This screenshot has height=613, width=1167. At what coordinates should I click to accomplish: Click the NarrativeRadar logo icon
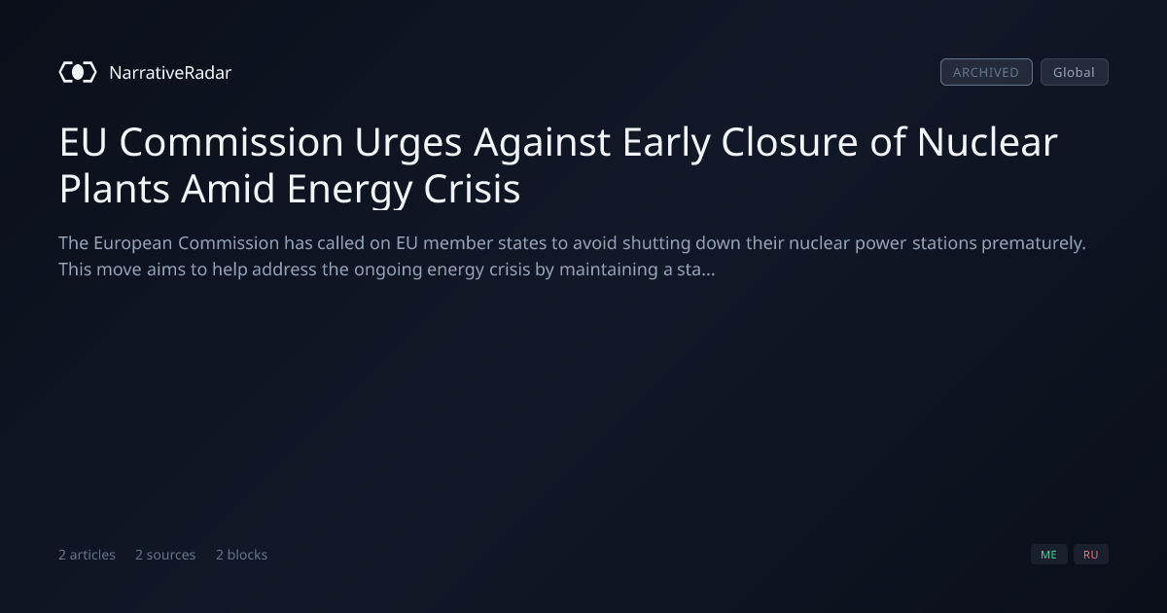click(x=78, y=72)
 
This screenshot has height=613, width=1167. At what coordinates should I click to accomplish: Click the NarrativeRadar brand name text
click(x=170, y=73)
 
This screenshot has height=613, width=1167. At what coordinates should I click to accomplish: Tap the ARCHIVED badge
click(x=986, y=72)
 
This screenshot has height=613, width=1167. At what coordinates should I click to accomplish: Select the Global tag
click(x=1075, y=72)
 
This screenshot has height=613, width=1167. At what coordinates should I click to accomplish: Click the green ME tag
click(x=1048, y=555)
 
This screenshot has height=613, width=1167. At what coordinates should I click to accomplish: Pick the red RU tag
click(x=1091, y=555)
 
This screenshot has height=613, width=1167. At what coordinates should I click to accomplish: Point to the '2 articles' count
click(x=87, y=555)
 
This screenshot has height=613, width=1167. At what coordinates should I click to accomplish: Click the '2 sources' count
click(x=165, y=555)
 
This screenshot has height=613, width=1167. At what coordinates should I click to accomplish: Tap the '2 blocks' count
click(x=242, y=555)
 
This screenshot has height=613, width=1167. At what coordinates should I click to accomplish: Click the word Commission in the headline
click(x=231, y=142)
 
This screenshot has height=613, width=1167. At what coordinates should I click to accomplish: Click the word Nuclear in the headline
click(x=987, y=142)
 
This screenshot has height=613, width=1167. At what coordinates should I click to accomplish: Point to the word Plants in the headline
click(x=114, y=189)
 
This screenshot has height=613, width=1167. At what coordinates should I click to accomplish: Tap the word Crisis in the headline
click(x=472, y=189)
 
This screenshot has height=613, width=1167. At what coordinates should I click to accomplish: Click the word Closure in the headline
click(x=790, y=142)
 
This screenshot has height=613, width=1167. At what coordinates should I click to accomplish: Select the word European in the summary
click(x=133, y=244)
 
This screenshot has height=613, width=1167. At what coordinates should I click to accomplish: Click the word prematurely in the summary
click(x=1033, y=244)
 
